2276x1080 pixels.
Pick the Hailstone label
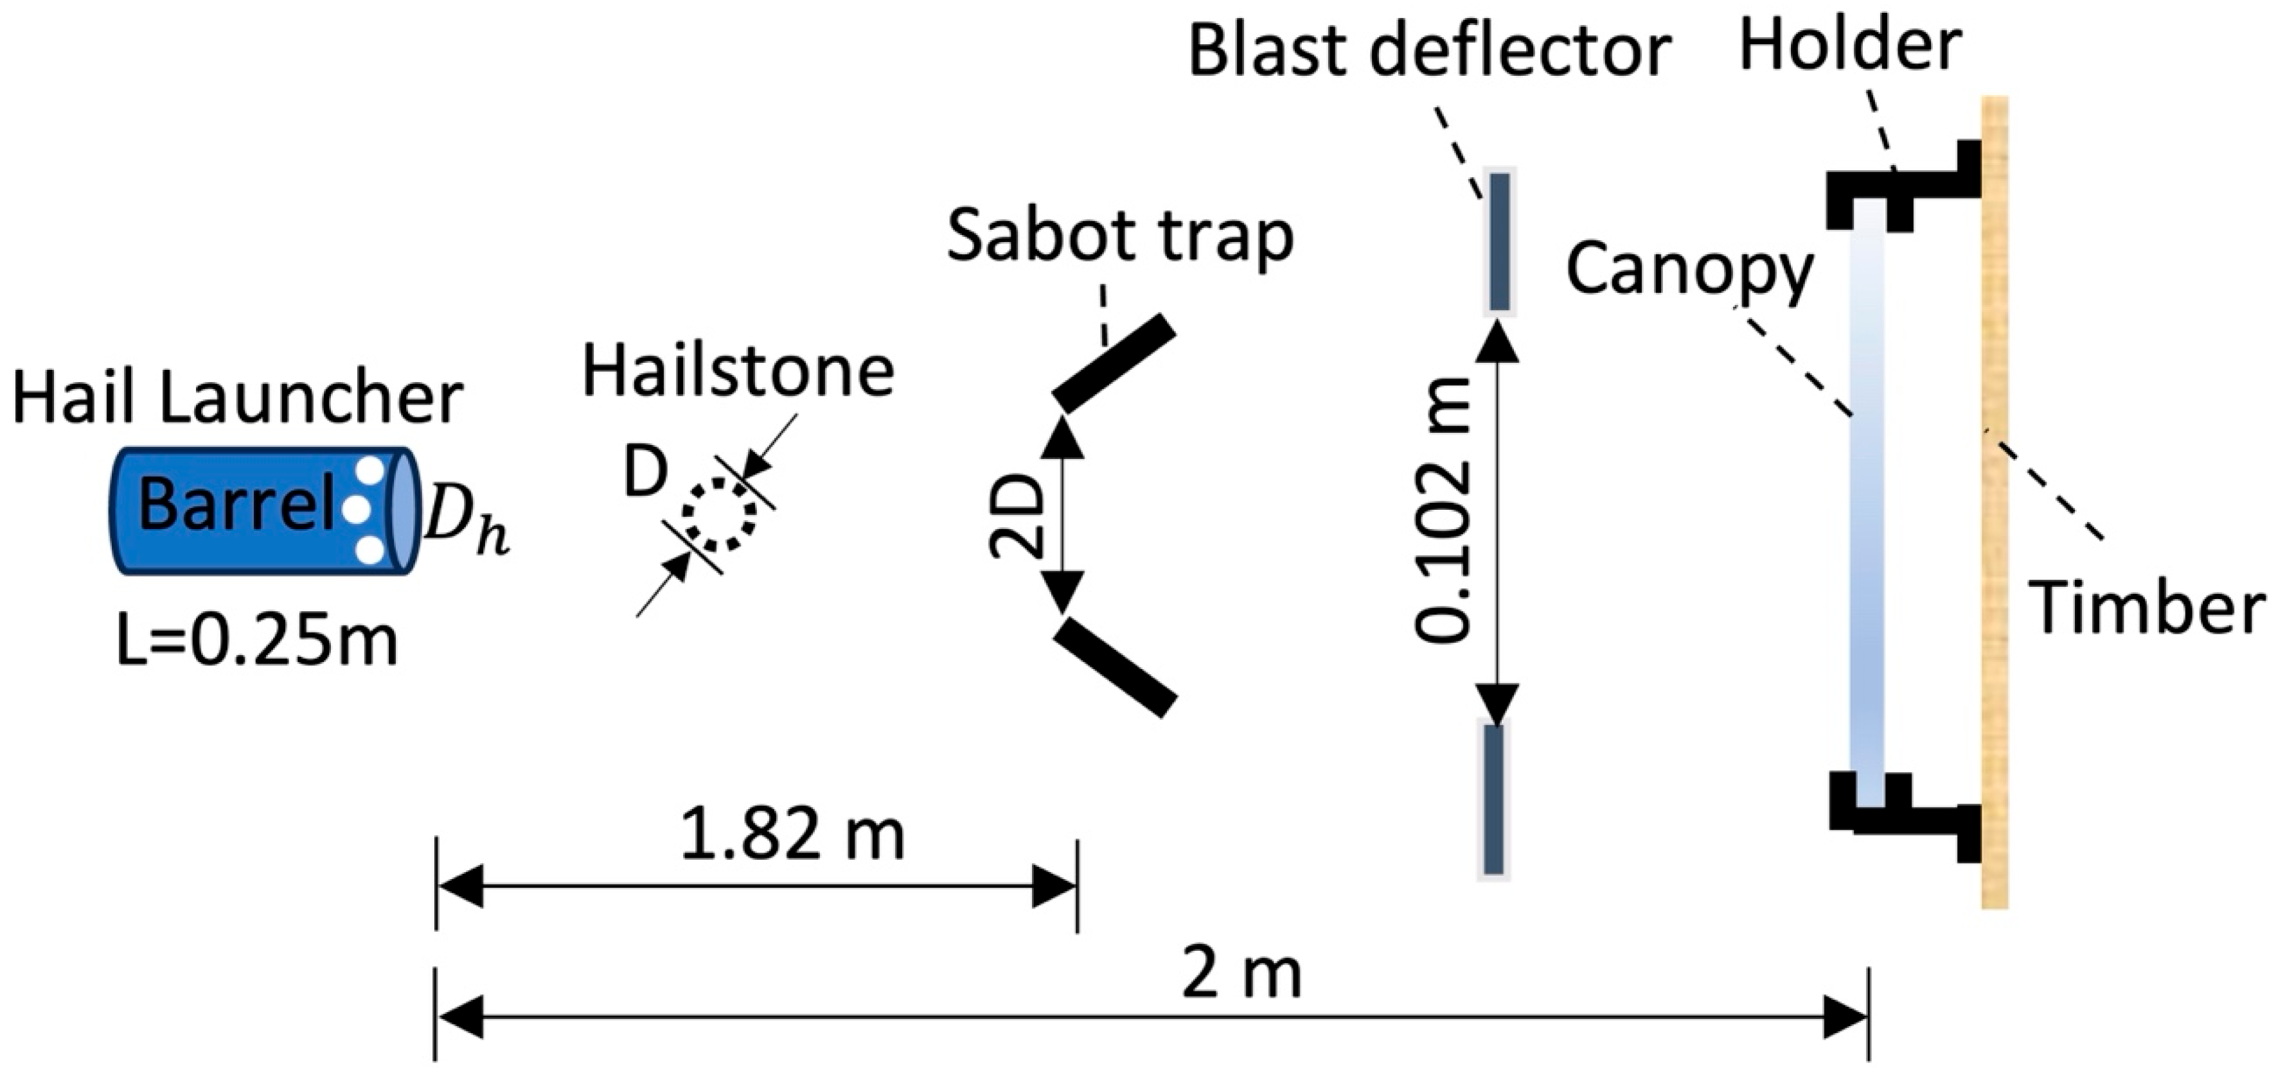(738, 372)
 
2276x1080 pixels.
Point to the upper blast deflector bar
(1499, 241)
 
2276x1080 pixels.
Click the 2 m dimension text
(1241, 974)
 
